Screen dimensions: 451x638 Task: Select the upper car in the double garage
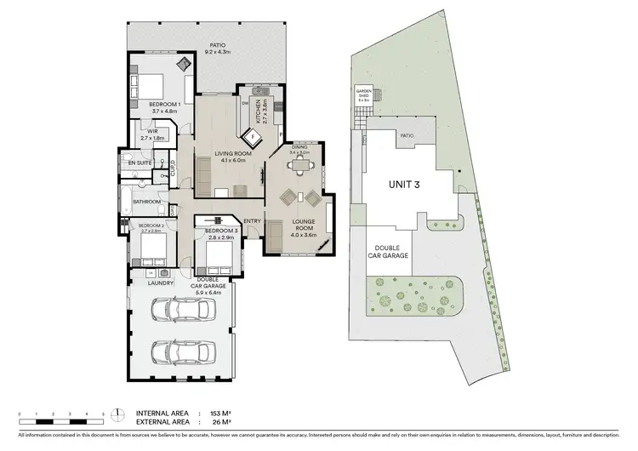click(180, 311)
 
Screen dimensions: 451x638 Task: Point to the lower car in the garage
click(179, 351)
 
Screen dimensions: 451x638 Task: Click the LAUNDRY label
click(160, 283)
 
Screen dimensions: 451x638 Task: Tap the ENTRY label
click(252, 222)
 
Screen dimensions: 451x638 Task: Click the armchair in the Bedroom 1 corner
click(183, 65)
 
